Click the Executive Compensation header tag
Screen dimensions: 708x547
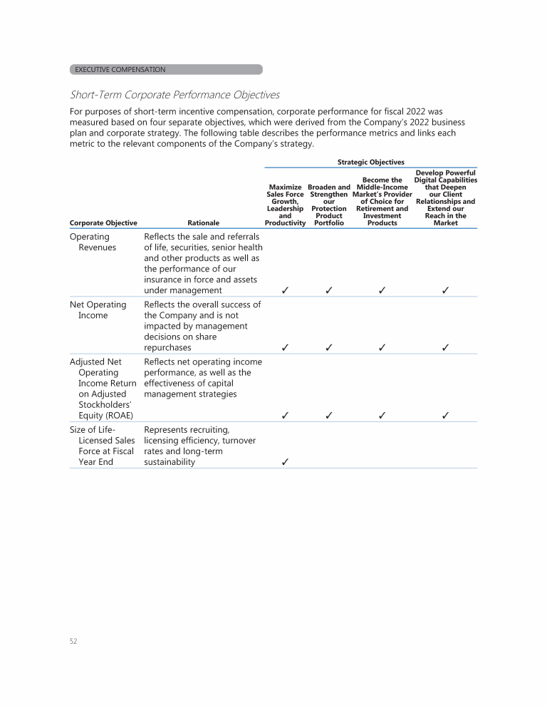[x=166, y=70]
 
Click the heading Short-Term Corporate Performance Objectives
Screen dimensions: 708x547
[x=174, y=95]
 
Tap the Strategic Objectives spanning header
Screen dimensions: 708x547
[x=370, y=163]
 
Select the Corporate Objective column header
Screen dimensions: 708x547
[x=103, y=223]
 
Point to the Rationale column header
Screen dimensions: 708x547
[x=203, y=223]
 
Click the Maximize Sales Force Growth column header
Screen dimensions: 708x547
[x=285, y=205]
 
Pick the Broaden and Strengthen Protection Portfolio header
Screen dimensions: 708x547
[x=329, y=205]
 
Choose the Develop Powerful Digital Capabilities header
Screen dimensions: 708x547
[x=445, y=197]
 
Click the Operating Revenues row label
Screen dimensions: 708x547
[x=93, y=242]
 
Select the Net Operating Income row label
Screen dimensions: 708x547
[x=98, y=310]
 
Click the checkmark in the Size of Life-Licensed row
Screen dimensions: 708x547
[x=285, y=462]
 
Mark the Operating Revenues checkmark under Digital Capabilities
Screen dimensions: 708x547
[x=445, y=291]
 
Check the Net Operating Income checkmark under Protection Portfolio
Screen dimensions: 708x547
[x=329, y=348]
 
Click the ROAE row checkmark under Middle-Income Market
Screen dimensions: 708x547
[x=382, y=416]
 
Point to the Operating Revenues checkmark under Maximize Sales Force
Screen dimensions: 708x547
[x=285, y=291]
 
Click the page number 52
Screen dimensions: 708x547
[x=73, y=641]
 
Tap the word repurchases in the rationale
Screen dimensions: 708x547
[x=167, y=348]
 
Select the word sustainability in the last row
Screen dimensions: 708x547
[x=170, y=462]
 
